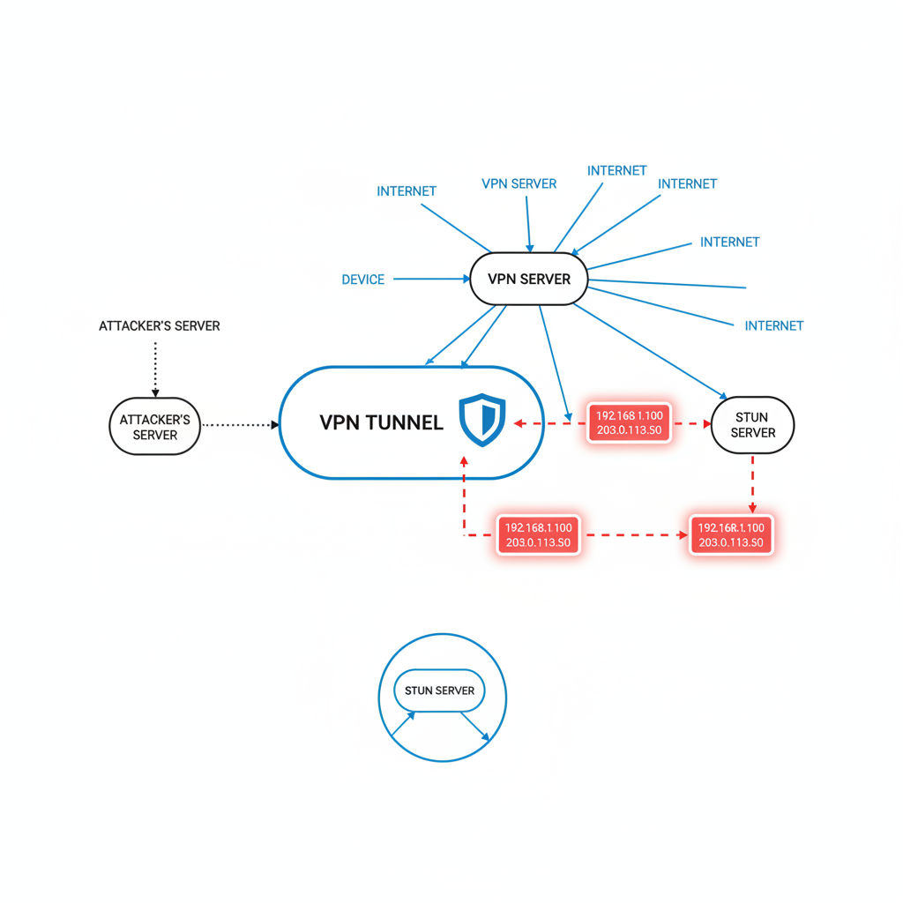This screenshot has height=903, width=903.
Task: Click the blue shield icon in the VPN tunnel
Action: click(x=482, y=420)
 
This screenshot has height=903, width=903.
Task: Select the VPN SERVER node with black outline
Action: click(x=529, y=280)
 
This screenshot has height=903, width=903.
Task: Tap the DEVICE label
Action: click(x=362, y=280)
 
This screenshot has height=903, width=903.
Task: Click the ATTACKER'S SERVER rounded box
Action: click(x=155, y=427)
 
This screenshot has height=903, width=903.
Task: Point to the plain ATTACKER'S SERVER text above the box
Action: click(x=160, y=326)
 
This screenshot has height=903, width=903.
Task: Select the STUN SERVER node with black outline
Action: click(x=752, y=425)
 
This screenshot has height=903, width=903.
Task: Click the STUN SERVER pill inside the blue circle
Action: click(x=439, y=690)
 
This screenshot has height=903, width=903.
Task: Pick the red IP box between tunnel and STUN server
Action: click(x=629, y=422)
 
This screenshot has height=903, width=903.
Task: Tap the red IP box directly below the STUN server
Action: click(x=730, y=534)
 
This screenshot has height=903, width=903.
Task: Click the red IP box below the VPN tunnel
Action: click(x=537, y=534)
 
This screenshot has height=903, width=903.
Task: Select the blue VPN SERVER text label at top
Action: click(x=519, y=183)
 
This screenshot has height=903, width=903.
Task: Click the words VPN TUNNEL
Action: click(x=381, y=422)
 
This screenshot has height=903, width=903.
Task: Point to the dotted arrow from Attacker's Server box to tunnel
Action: click(x=240, y=425)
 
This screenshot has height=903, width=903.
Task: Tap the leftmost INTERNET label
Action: click(x=406, y=190)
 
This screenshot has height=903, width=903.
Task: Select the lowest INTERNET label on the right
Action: click(x=773, y=325)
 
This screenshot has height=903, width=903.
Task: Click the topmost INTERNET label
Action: click(x=616, y=170)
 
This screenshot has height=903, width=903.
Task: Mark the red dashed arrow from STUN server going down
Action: click(x=752, y=483)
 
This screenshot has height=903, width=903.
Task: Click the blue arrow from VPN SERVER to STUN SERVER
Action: click(x=653, y=349)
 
